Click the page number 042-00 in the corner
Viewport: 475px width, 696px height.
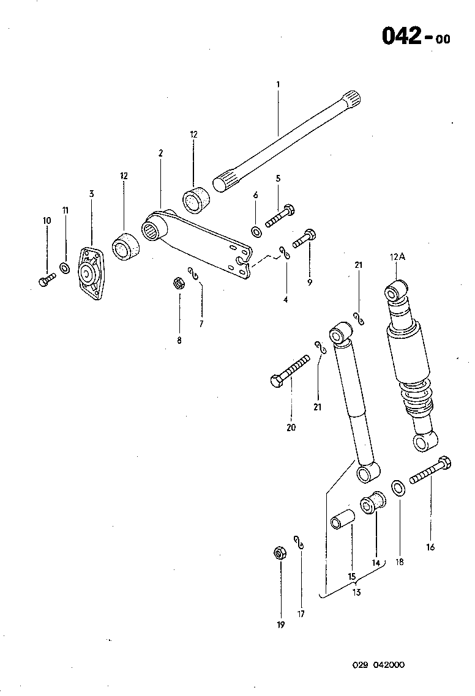[416, 36]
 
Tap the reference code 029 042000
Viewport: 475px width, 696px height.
[378, 665]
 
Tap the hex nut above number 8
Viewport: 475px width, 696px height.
[179, 283]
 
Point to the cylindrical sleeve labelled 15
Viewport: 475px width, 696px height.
[343, 517]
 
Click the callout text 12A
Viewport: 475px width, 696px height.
[398, 257]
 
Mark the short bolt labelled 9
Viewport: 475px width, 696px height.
[305, 238]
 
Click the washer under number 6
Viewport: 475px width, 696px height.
[256, 232]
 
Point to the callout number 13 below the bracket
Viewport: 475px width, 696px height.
[356, 592]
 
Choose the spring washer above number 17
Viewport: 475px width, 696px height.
[299, 542]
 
